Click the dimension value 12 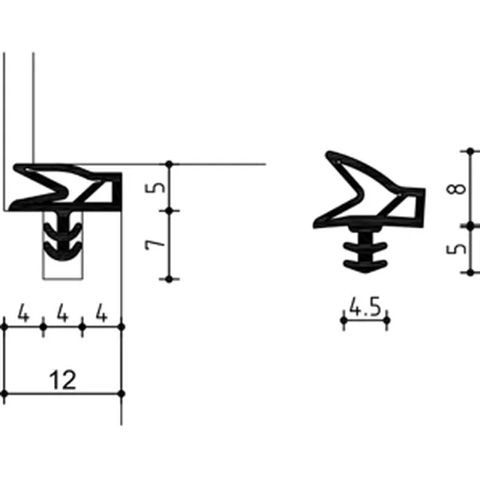click(x=62, y=380)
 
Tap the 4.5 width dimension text click(x=365, y=307)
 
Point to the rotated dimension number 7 click(x=155, y=245)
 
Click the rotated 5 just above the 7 click(x=155, y=187)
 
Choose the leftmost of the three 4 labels click(x=23, y=313)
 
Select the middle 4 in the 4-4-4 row click(x=62, y=313)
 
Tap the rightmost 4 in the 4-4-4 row click(x=102, y=313)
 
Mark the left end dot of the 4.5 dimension click(x=343, y=320)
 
